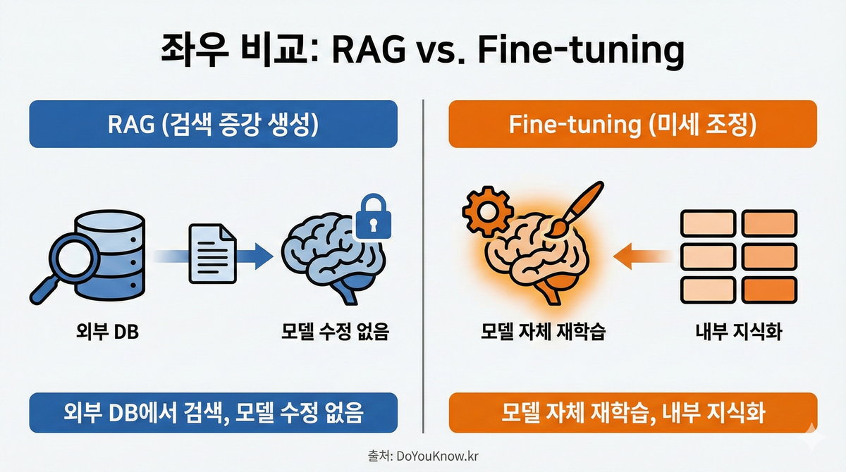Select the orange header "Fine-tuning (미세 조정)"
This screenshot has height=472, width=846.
coord(632,124)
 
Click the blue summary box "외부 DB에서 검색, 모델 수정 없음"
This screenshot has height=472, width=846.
coord(214,412)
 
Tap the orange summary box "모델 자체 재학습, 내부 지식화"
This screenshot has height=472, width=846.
coord(632,412)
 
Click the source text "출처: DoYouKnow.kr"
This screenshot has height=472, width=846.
coord(423,457)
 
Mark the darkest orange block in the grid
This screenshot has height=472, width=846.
coord(769,290)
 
